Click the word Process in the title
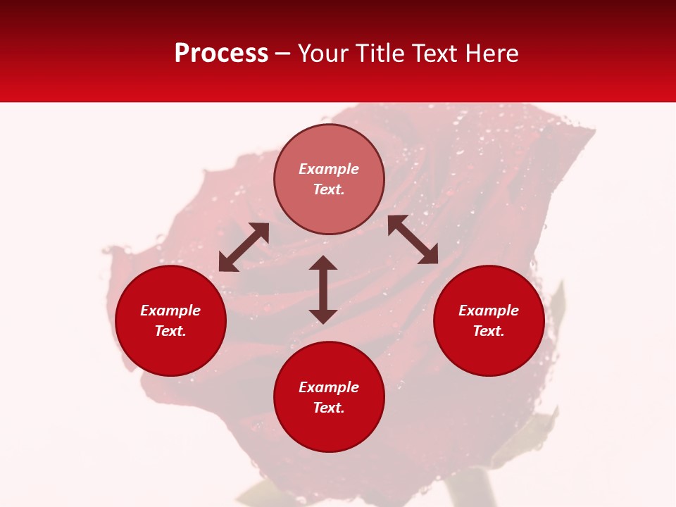click(221, 54)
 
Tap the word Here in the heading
click(490, 54)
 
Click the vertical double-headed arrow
click(323, 289)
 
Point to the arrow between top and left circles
click(244, 247)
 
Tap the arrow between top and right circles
click(413, 239)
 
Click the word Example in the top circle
click(329, 169)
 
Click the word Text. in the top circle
click(329, 189)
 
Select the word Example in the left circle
click(170, 311)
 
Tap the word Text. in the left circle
click(170, 331)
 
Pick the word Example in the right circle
click(489, 311)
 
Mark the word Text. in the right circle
click(489, 331)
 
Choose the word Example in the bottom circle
click(329, 387)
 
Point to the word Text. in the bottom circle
click(329, 408)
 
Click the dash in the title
click(283, 54)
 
